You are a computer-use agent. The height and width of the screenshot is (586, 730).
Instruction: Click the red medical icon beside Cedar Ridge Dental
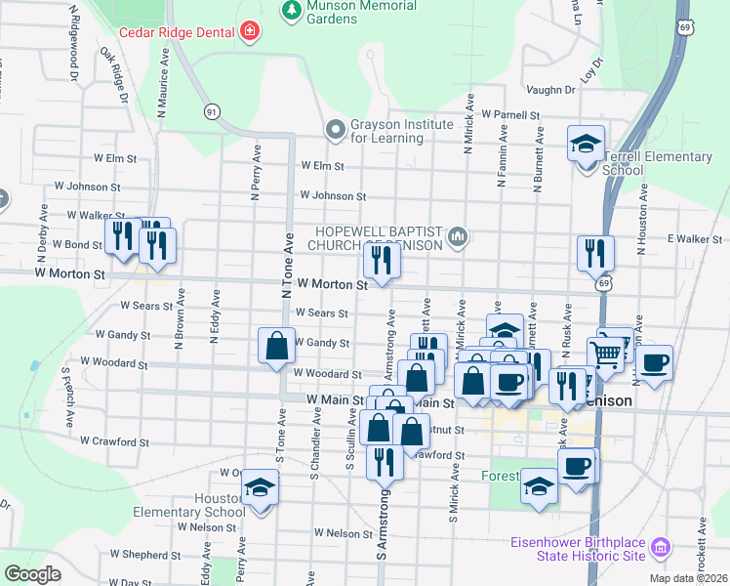[x=251, y=31]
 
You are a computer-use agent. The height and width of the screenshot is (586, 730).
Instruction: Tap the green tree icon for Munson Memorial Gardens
[x=290, y=10]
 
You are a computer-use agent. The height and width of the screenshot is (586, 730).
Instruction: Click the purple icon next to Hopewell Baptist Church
[x=458, y=235]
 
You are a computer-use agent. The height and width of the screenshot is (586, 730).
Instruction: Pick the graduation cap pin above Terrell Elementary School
[x=586, y=145]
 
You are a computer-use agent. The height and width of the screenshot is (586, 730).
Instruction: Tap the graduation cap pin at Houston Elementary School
[x=261, y=488]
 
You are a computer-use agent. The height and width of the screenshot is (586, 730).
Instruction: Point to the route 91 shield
[x=212, y=112]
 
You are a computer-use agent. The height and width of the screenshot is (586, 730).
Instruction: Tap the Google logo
[x=32, y=574]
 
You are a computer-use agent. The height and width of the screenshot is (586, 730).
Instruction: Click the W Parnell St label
[x=509, y=114]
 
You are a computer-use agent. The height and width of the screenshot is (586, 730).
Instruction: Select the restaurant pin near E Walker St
[x=594, y=253]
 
